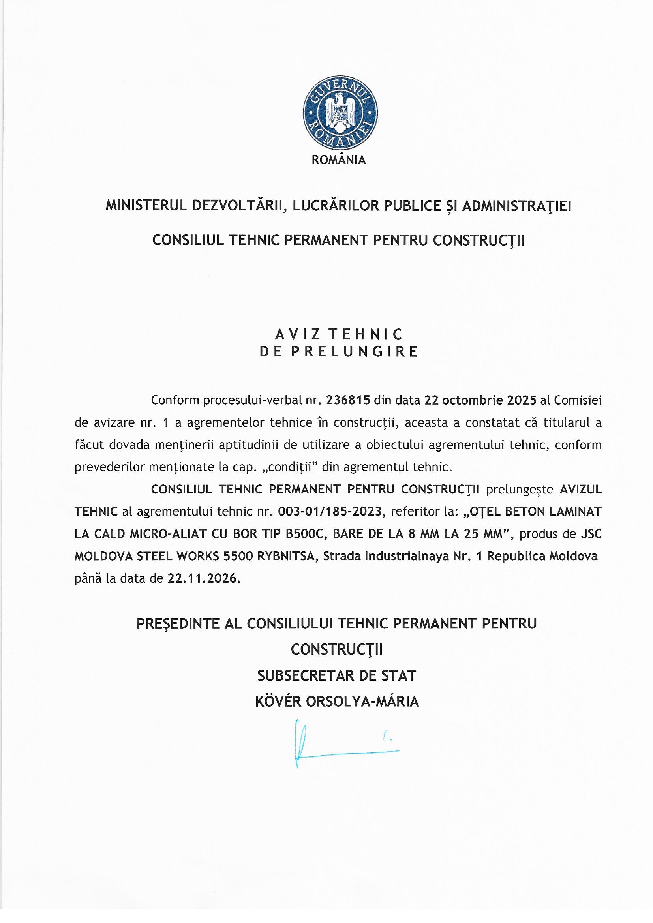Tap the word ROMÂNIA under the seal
(x=339, y=160)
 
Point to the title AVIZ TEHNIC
(x=339, y=334)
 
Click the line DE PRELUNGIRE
(x=339, y=352)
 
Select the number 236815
(x=348, y=400)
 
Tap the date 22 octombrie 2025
(x=478, y=400)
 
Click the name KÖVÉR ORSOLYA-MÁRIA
(x=337, y=702)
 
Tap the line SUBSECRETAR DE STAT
(x=337, y=676)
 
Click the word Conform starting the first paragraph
(x=175, y=400)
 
